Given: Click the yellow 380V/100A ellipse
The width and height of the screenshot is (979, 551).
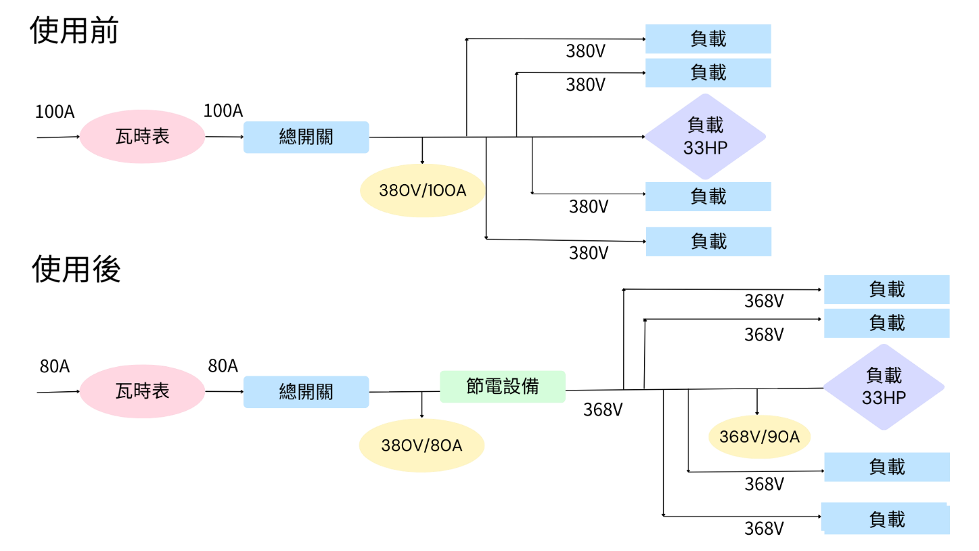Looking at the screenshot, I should point(422,190).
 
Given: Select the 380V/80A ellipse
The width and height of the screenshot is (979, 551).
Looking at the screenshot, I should point(422,445).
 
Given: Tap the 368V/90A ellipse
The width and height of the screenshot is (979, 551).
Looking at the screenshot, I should point(759,437).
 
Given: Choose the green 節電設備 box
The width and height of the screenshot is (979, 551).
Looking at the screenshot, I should point(502,387).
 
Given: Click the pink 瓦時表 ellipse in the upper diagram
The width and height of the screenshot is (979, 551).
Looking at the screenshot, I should point(142,137).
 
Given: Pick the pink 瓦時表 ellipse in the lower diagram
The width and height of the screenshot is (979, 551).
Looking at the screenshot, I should point(142,391).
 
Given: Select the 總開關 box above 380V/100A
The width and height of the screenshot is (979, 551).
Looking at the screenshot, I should point(306,137).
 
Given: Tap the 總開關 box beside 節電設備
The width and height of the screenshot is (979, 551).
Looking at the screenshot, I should point(306,392).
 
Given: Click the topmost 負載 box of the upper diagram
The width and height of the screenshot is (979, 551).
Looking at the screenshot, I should point(708,39).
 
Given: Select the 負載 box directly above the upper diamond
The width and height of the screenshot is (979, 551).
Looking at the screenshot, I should point(708,72).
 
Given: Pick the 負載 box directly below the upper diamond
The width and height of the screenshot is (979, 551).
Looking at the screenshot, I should point(708,197).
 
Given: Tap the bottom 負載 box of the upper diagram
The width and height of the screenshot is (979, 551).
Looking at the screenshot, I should point(708,242).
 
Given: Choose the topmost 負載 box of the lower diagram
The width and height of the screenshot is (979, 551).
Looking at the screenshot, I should point(886,290).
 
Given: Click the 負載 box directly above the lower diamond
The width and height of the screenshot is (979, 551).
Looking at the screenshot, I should point(886,324).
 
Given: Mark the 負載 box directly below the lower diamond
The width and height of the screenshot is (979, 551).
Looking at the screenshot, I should point(886,467).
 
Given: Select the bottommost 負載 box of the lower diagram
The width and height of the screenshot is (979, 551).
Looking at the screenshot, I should point(886,519).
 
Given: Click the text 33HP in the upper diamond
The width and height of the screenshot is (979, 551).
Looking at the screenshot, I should point(705,148).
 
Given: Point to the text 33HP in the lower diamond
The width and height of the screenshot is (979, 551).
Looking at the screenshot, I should point(883,398).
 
